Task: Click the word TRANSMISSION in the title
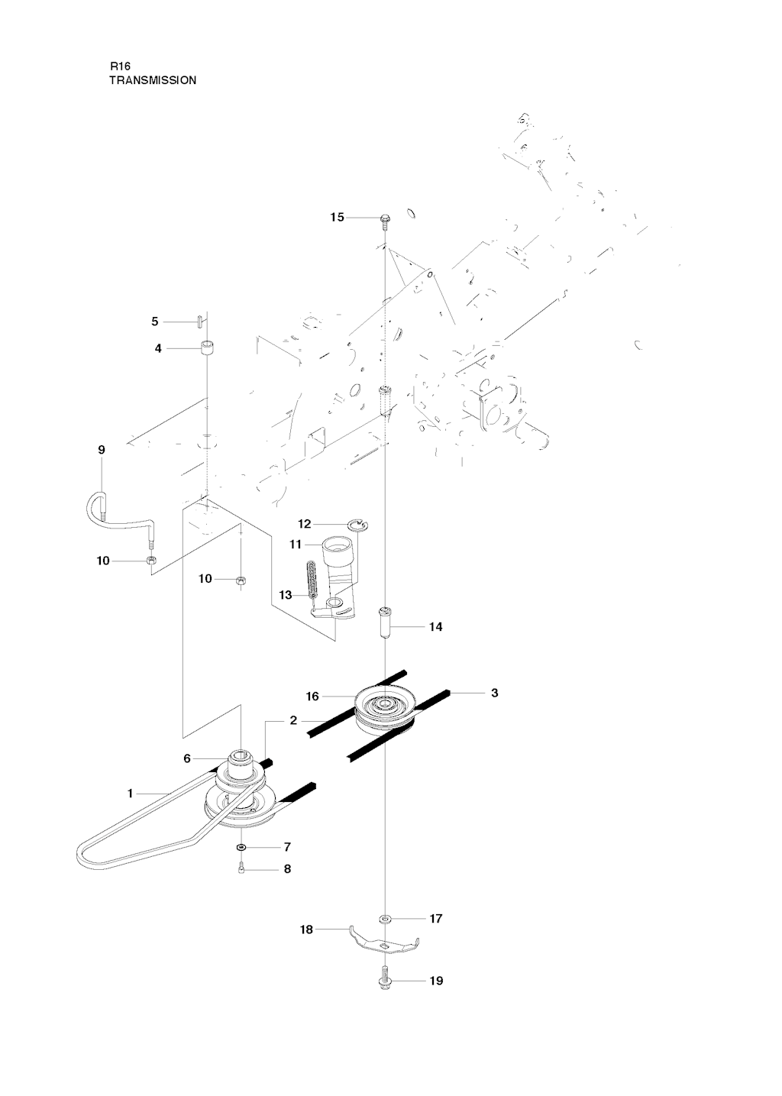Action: click(x=153, y=79)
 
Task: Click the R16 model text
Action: click(x=121, y=66)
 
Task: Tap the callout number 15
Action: click(x=338, y=218)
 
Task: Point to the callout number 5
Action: click(x=154, y=322)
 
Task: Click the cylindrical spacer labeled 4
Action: click(x=206, y=348)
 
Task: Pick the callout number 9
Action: click(x=102, y=450)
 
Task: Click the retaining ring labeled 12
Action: click(x=357, y=524)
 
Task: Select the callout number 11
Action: click(x=296, y=544)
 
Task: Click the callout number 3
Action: click(x=494, y=693)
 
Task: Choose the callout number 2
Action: click(x=293, y=720)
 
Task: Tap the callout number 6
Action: click(x=187, y=758)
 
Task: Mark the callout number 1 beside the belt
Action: click(x=130, y=794)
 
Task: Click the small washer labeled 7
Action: click(x=241, y=847)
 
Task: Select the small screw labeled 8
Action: click(x=241, y=870)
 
